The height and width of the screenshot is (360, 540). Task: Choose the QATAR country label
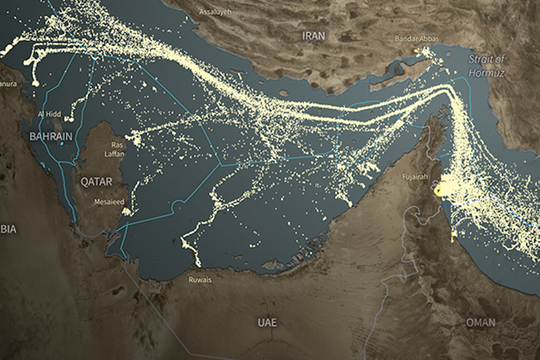coord(99,183)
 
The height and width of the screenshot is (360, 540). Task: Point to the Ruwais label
coord(200,280)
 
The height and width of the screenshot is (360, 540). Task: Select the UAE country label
coord(266,323)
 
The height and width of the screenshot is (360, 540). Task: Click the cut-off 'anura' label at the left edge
coord(9,84)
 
